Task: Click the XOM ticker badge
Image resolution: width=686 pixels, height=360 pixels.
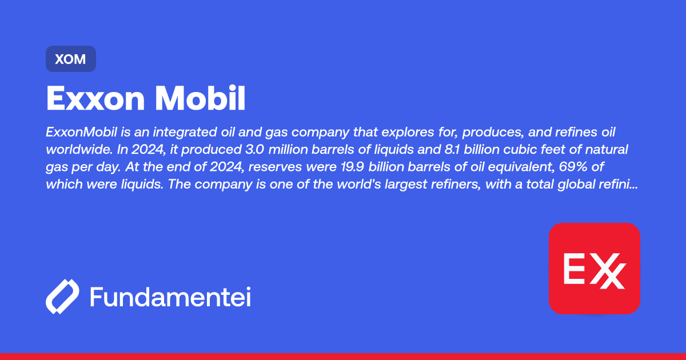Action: [71, 59]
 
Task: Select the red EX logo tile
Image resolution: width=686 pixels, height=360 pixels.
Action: [594, 268]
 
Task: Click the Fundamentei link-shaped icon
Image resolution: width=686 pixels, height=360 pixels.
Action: [62, 297]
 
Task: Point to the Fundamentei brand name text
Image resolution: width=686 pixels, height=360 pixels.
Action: [170, 297]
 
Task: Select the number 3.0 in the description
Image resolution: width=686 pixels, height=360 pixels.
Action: [221, 150]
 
